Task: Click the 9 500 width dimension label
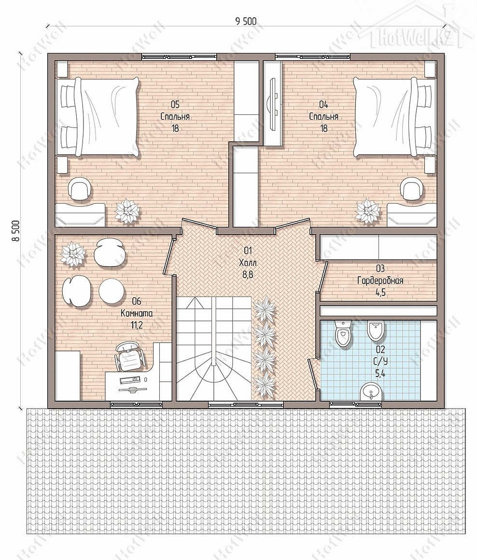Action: coord(246,21)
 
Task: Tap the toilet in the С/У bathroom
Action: coord(343,333)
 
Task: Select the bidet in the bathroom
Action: coord(376,331)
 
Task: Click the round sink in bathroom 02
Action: coord(371,392)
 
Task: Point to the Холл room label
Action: coord(248,263)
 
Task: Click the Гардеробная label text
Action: coord(380,280)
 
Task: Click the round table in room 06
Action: coord(111,291)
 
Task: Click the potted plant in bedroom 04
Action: coord(368,211)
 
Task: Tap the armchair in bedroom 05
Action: coord(80,189)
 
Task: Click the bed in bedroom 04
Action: coord(394,117)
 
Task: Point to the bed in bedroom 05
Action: coord(98,117)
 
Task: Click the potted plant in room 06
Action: coord(73,254)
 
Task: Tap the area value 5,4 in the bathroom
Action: coord(380,374)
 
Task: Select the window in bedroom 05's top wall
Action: coord(179,56)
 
